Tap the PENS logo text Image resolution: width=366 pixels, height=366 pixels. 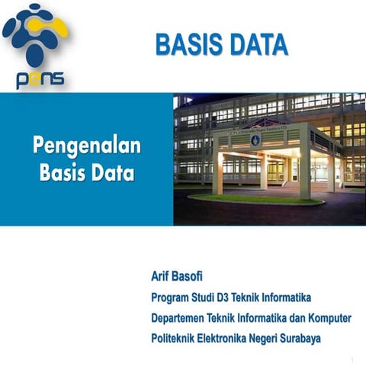point(39,79)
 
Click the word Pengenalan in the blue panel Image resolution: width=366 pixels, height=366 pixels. point(86,145)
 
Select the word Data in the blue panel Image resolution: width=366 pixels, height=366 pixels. point(112,172)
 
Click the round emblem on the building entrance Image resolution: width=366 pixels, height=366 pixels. point(255,140)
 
